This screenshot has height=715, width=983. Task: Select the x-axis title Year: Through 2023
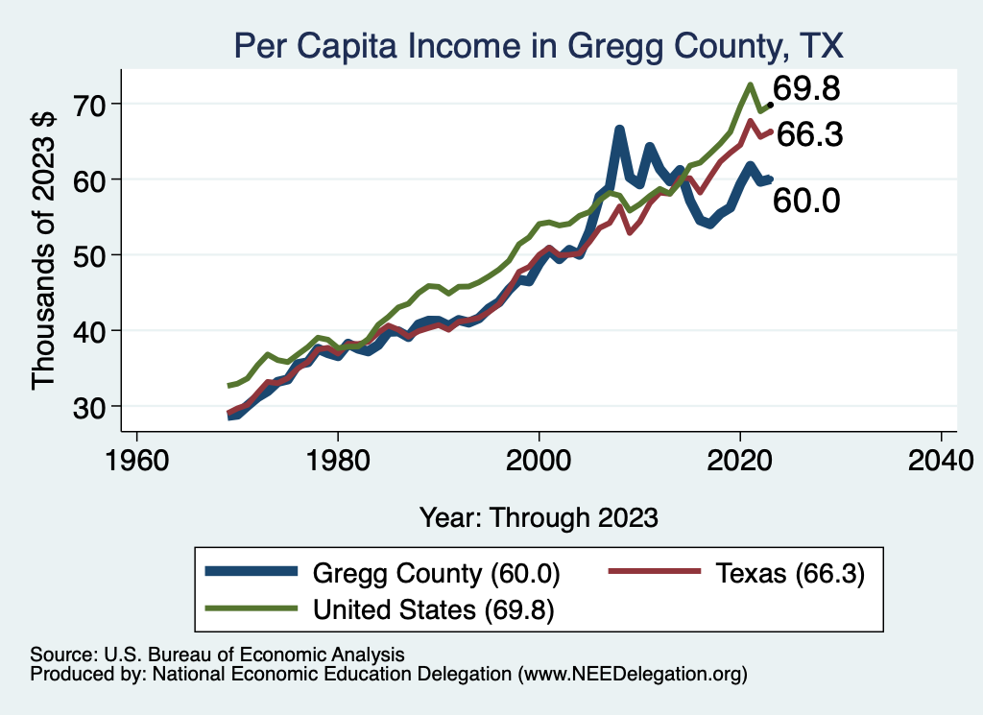pyautogui.click(x=539, y=517)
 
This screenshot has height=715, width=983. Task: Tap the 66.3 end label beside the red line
pyautogui.click(x=809, y=135)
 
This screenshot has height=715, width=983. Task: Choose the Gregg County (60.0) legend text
pyautogui.click(x=436, y=574)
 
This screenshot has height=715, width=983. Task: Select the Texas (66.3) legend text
pyautogui.click(x=789, y=574)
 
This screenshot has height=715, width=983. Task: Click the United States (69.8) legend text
pyautogui.click(x=436, y=608)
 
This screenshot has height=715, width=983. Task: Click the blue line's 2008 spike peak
pyautogui.click(x=619, y=130)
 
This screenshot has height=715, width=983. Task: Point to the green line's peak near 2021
pyautogui.click(x=749, y=84)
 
